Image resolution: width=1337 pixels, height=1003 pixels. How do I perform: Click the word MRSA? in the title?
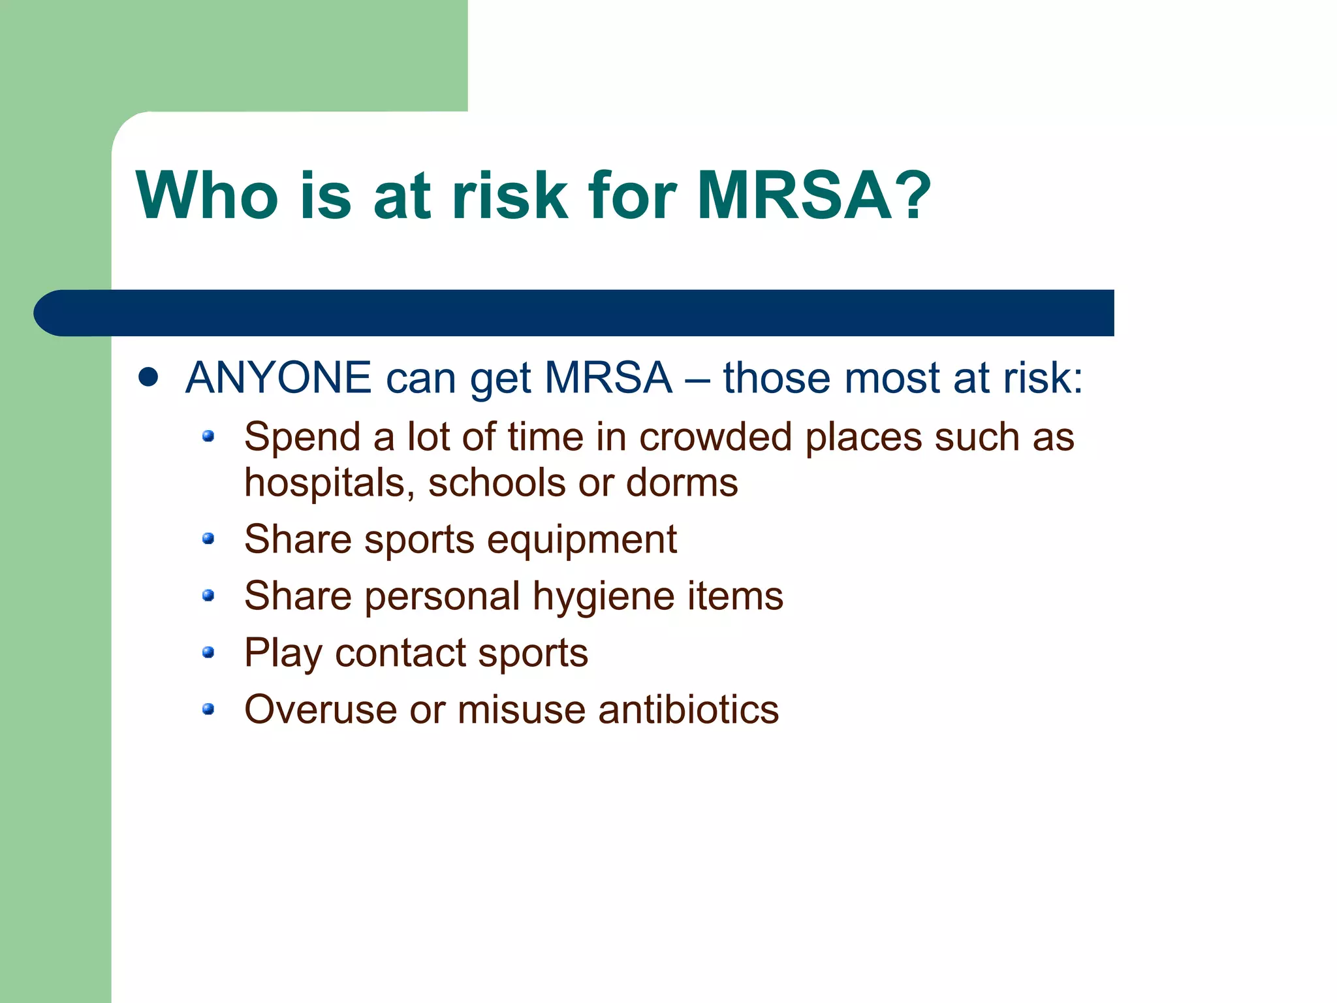click(813, 196)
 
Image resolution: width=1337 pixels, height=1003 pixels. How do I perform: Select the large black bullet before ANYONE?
click(149, 377)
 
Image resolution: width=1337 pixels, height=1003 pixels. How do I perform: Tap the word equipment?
click(582, 540)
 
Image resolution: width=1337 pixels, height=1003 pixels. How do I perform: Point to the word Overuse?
click(320, 710)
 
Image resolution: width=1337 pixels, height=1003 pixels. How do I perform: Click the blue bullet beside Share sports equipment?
click(208, 539)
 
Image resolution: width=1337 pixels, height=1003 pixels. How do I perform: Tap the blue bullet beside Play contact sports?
click(208, 652)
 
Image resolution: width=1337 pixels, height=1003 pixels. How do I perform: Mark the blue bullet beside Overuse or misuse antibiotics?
click(208, 708)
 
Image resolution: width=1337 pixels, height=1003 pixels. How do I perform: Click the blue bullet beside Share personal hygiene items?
click(208, 595)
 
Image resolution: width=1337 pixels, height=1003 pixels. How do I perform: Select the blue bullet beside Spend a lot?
click(208, 436)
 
